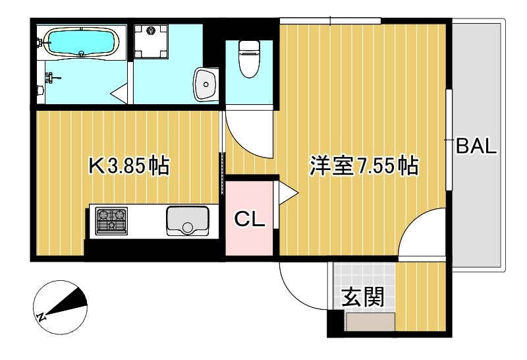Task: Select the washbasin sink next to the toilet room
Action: tap(205, 85)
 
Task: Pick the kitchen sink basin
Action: tap(188, 220)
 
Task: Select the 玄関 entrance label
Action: tap(362, 298)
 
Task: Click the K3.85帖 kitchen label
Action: tap(129, 165)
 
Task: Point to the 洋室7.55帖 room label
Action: tap(364, 165)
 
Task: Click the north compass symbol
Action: tap(61, 305)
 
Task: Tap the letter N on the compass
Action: tap(41, 316)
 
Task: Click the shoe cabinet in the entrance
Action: tap(370, 321)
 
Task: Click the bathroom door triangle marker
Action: tap(119, 94)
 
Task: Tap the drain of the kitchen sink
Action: tap(188, 228)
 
